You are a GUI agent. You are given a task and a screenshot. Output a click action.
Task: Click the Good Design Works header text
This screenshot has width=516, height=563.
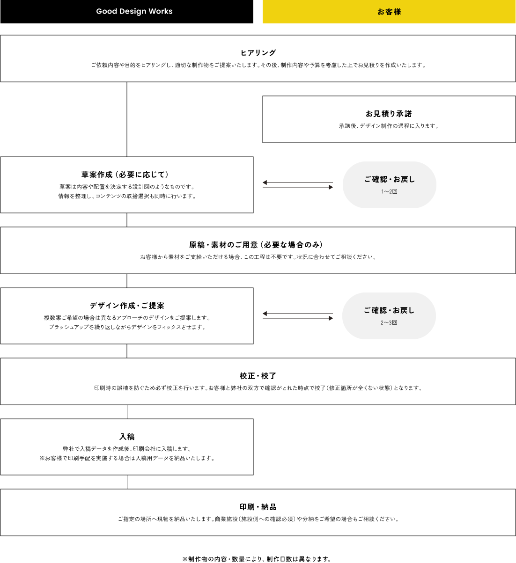click(134, 11)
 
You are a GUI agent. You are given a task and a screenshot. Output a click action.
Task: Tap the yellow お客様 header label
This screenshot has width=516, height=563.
click(389, 12)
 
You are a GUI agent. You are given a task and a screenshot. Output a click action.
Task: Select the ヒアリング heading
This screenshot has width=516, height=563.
click(258, 53)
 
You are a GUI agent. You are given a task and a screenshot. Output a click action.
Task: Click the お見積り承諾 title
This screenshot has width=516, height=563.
click(389, 114)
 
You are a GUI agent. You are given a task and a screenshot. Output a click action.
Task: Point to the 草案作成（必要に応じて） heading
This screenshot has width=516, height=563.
click(125, 175)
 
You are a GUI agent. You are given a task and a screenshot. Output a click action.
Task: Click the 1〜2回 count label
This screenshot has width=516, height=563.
click(389, 191)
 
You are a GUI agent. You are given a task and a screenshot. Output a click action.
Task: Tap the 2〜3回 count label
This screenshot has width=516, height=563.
click(389, 322)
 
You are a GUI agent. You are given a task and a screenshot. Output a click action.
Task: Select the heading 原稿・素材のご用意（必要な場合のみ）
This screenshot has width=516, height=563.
click(256, 245)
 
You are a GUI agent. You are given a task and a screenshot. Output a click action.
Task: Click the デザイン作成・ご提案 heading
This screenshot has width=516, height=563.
click(127, 305)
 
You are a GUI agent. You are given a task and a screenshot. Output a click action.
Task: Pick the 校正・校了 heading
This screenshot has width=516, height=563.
click(258, 376)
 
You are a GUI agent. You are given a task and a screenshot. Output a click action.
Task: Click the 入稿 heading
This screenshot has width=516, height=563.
click(127, 437)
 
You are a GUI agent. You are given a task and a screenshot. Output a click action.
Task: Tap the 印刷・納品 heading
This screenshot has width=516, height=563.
click(258, 507)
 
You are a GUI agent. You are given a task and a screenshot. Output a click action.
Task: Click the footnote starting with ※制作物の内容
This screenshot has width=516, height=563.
click(257, 559)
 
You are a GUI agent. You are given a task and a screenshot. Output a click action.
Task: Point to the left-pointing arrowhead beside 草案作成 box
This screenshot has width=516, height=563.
click(265, 183)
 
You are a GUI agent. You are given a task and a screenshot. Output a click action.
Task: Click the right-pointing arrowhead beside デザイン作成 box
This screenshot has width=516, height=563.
click(331, 318)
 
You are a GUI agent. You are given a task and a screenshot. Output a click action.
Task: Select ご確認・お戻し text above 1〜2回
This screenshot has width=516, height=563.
click(389, 179)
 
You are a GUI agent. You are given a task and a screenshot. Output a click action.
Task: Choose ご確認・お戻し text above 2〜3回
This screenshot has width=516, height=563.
click(389, 310)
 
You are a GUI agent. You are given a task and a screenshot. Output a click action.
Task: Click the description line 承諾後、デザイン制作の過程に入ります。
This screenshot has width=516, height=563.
click(389, 126)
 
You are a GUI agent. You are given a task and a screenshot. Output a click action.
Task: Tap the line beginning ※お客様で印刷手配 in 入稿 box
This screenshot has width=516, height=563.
click(127, 458)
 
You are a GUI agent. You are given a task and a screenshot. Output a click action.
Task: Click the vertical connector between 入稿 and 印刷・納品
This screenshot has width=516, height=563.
click(127, 482)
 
